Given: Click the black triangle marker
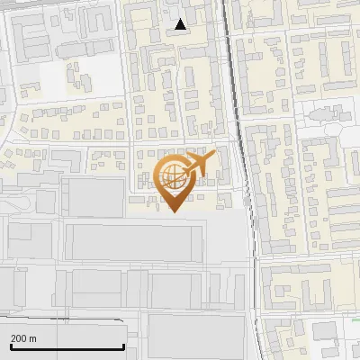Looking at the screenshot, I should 182,24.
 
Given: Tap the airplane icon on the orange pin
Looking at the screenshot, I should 199,165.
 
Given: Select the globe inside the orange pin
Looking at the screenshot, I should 172,175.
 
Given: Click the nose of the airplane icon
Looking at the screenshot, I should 214,156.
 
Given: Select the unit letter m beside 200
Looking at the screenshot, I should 32,338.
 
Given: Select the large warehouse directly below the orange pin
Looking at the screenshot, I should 133,241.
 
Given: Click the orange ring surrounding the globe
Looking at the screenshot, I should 159,176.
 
